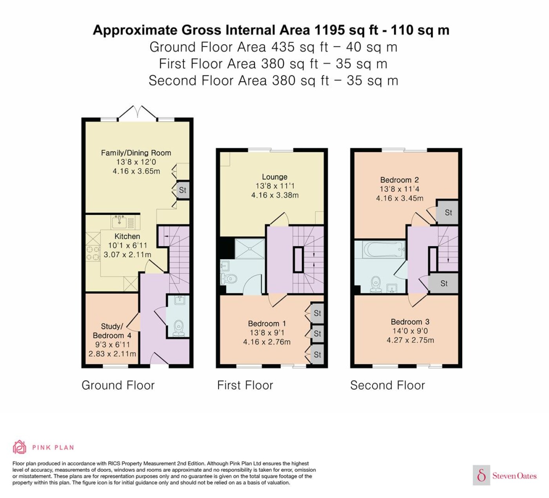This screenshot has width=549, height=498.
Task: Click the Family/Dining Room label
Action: [x=136, y=153]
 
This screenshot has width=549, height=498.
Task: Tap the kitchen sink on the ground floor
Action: [x=120, y=222]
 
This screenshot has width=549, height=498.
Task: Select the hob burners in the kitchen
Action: [x=93, y=253]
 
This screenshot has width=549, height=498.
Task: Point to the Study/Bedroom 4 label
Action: [x=112, y=331]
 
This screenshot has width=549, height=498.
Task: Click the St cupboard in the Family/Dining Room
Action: [x=183, y=190]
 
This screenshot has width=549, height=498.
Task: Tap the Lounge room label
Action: [x=274, y=177]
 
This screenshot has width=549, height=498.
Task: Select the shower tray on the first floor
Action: [x=250, y=249]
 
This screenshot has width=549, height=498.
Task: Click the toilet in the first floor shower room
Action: [x=229, y=279]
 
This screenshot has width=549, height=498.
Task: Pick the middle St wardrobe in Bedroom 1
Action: [x=317, y=334]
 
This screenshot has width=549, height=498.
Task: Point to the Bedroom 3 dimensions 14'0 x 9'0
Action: [x=410, y=331]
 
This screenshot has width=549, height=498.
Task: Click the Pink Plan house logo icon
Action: [x=20, y=455]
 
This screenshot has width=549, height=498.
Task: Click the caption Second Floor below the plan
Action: [x=387, y=385]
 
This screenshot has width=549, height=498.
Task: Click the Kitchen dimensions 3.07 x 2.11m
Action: [x=127, y=254]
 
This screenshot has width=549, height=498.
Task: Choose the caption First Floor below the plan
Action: [x=245, y=385]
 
